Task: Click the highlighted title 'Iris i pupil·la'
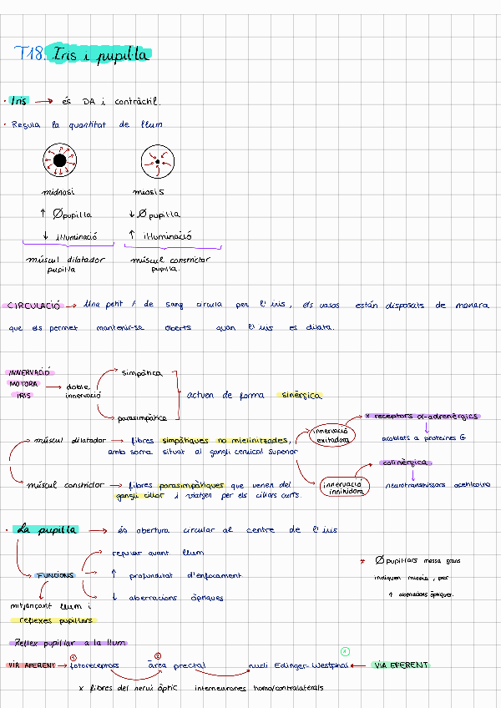point(99,55)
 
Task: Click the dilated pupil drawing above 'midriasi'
point(60,160)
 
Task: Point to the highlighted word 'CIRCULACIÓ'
point(33,306)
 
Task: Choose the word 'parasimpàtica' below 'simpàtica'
point(142,417)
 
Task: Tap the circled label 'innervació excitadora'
point(331,435)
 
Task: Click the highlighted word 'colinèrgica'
point(405,462)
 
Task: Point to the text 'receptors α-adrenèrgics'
point(427,415)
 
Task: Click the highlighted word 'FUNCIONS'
point(55,575)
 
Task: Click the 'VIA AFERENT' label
point(31,665)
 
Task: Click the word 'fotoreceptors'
point(94,665)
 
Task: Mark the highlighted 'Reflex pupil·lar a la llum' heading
point(68,642)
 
